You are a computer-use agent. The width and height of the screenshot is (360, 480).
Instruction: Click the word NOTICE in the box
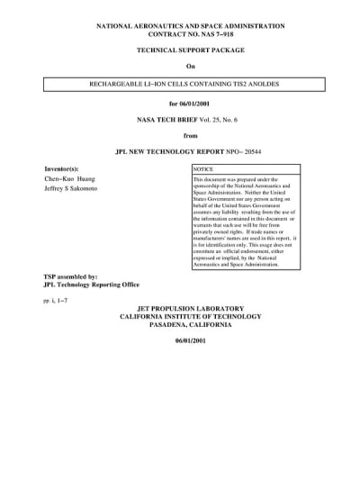[203, 169]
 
